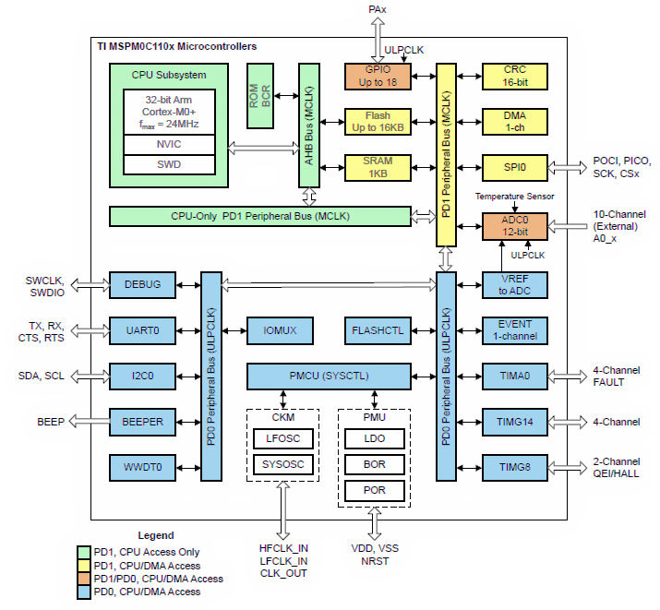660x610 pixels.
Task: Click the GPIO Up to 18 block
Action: pyautogui.click(x=377, y=77)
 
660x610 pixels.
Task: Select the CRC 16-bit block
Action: pyautogui.click(x=515, y=77)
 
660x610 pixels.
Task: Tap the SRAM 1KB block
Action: pyautogui.click(x=377, y=168)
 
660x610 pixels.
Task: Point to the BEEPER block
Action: pyautogui.click(x=142, y=422)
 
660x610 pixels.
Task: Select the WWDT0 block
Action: pyautogui.click(x=142, y=467)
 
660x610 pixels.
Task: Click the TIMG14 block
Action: pyautogui.click(x=515, y=422)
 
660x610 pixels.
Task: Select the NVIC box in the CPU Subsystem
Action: pyautogui.click(x=169, y=145)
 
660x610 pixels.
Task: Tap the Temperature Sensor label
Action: pyautogui.click(x=515, y=197)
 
